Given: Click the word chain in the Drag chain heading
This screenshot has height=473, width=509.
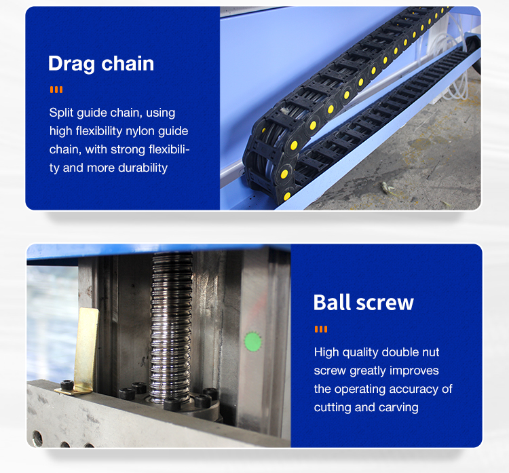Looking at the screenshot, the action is coord(128,63).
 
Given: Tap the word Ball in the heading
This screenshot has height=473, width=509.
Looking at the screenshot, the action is coord(332,302).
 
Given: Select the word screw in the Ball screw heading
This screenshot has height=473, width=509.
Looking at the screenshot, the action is coord(385,303).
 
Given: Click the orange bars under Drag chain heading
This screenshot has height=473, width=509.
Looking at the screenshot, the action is coord(56,90).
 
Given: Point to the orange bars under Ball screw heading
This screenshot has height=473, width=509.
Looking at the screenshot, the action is coord(321,329).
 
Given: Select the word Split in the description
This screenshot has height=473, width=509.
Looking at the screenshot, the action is coord(61,113).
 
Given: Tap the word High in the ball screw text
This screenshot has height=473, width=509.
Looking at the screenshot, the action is coord(326,352).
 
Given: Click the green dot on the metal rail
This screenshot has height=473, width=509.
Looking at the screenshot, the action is coord(252,342).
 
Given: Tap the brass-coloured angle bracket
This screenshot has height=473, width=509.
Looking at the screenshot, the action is coord(83,352).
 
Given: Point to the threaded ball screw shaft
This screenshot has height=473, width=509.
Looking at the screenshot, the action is coord(170,326).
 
